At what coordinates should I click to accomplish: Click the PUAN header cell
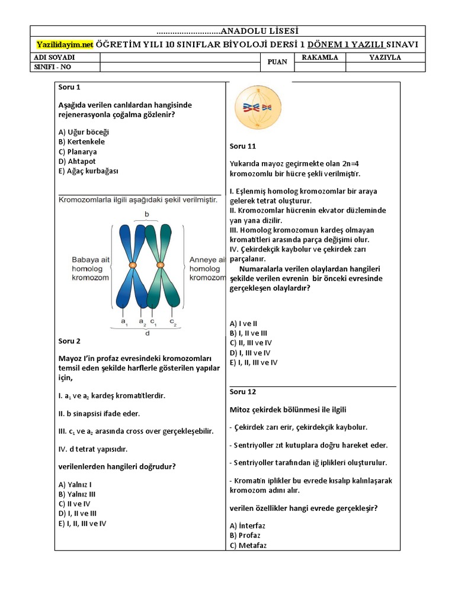click(x=277, y=62)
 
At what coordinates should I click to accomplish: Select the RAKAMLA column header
click(x=320, y=57)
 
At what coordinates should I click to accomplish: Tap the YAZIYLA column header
click(x=385, y=57)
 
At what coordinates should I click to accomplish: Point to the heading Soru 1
click(x=69, y=86)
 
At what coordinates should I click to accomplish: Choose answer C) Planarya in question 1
click(x=78, y=151)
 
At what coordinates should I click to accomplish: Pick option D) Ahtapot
click(x=77, y=161)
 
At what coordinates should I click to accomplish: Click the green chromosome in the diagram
click(x=161, y=264)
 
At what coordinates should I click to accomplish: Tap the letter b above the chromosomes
click(x=146, y=212)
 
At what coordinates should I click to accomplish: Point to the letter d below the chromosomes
click(x=146, y=333)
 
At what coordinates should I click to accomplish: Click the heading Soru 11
click(x=242, y=146)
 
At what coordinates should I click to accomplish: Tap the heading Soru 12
click(x=242, y=392)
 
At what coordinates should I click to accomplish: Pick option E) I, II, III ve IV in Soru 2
click(x=82, y=523)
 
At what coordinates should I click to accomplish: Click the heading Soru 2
click(x=69, y=341)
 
